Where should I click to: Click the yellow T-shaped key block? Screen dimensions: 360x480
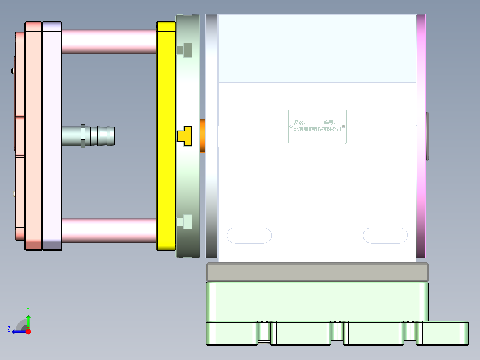(185, 136)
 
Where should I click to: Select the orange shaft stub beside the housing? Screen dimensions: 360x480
(203, 136)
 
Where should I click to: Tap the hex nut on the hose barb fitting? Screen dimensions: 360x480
(83, 136)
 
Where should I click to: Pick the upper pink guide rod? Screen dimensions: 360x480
(109, 41)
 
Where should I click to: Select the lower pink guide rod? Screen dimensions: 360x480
(109, 230)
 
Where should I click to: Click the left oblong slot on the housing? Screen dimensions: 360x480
(249, 236)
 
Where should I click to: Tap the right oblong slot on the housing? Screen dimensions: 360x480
(385, 236)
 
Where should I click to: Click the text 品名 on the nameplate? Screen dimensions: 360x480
(299, 122)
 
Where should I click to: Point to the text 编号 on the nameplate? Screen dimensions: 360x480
(329, 122)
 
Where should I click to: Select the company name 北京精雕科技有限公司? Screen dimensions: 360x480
(317, 129)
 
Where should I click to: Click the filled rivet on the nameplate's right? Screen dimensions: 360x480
(343, 127)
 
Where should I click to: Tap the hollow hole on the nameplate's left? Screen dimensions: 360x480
(291, 127)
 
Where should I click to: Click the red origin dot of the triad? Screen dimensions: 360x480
(28, 331)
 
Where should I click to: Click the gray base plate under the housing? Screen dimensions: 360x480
(317, 272)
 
